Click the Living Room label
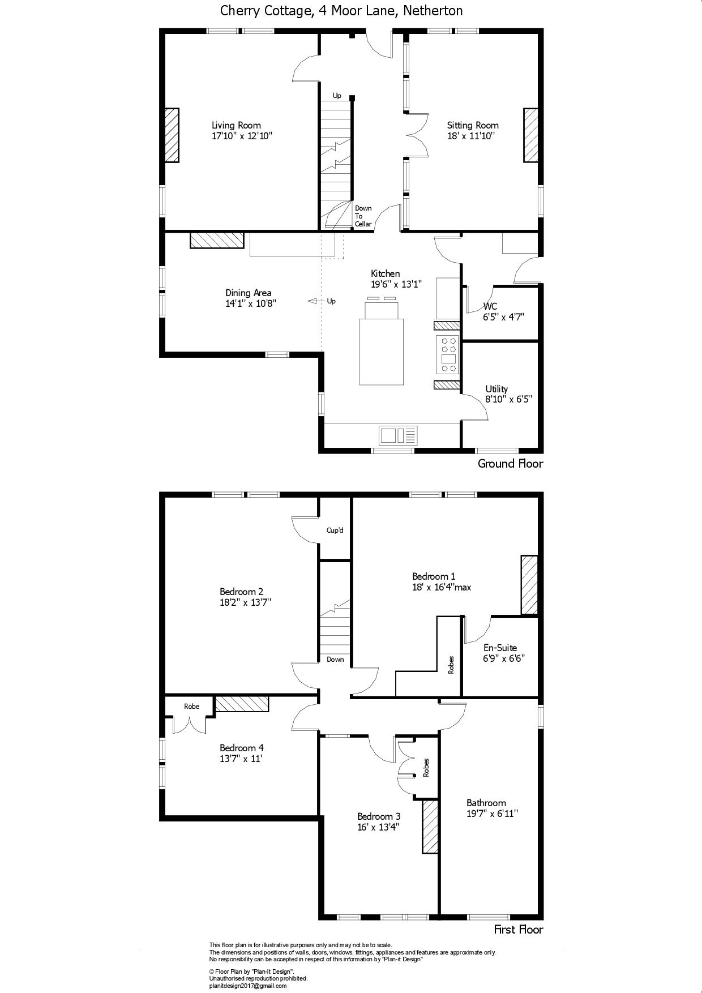pos(236,125)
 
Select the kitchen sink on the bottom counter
pos(397,435)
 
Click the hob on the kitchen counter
pos(448,354)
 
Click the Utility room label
pos(496,389)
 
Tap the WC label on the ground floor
pos(490,306)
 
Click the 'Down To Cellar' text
pos(363,216)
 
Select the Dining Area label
pos(248,293)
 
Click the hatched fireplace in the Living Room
pos(172,136)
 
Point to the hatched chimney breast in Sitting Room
pos(530,136)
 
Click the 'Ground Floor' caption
pos(510,464)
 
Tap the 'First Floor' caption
pos(518,929)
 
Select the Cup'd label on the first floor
pos(335,530)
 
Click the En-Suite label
pos(500,648)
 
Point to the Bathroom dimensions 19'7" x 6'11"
pos(493,814)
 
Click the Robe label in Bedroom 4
pos(192,707)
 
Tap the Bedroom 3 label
pos(379,816)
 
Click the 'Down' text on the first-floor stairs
pos(335,660)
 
